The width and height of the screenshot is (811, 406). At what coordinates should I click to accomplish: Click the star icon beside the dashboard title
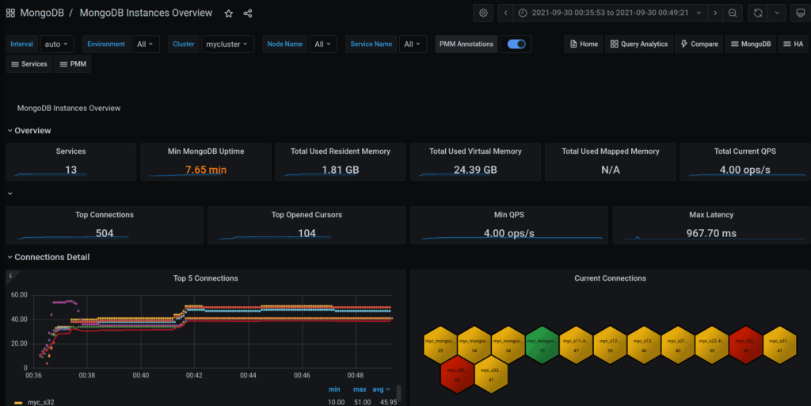click(x=229, y=13)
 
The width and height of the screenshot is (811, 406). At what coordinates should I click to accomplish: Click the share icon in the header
click(x=248, y=13)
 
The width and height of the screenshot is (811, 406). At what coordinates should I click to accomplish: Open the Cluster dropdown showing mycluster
click(x=227, y=44)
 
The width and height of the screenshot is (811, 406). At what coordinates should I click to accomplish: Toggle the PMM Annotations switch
click(x=516, y=44)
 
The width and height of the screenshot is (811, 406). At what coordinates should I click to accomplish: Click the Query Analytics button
click(x=638, y=44)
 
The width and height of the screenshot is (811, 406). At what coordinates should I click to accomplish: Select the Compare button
click(x=699, y=44)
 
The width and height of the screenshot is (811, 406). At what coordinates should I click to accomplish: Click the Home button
click(x=583, y=44)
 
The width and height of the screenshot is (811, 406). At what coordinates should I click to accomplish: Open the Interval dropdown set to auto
click(x=56, y=44)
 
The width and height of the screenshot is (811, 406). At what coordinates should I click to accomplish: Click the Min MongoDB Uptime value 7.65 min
click(x=206, y=170)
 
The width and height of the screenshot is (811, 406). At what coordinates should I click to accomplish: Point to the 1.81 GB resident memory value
click(x=341, y=170)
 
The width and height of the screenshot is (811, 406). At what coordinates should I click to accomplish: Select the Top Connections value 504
click(x=105, y=233)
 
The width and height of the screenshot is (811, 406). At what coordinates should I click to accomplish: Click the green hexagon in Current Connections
click(x=542, y=343)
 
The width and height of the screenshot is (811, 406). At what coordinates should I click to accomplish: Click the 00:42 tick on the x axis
click(x=195, y=375)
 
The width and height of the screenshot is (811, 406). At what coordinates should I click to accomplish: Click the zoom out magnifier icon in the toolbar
click(x=733, y=13)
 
